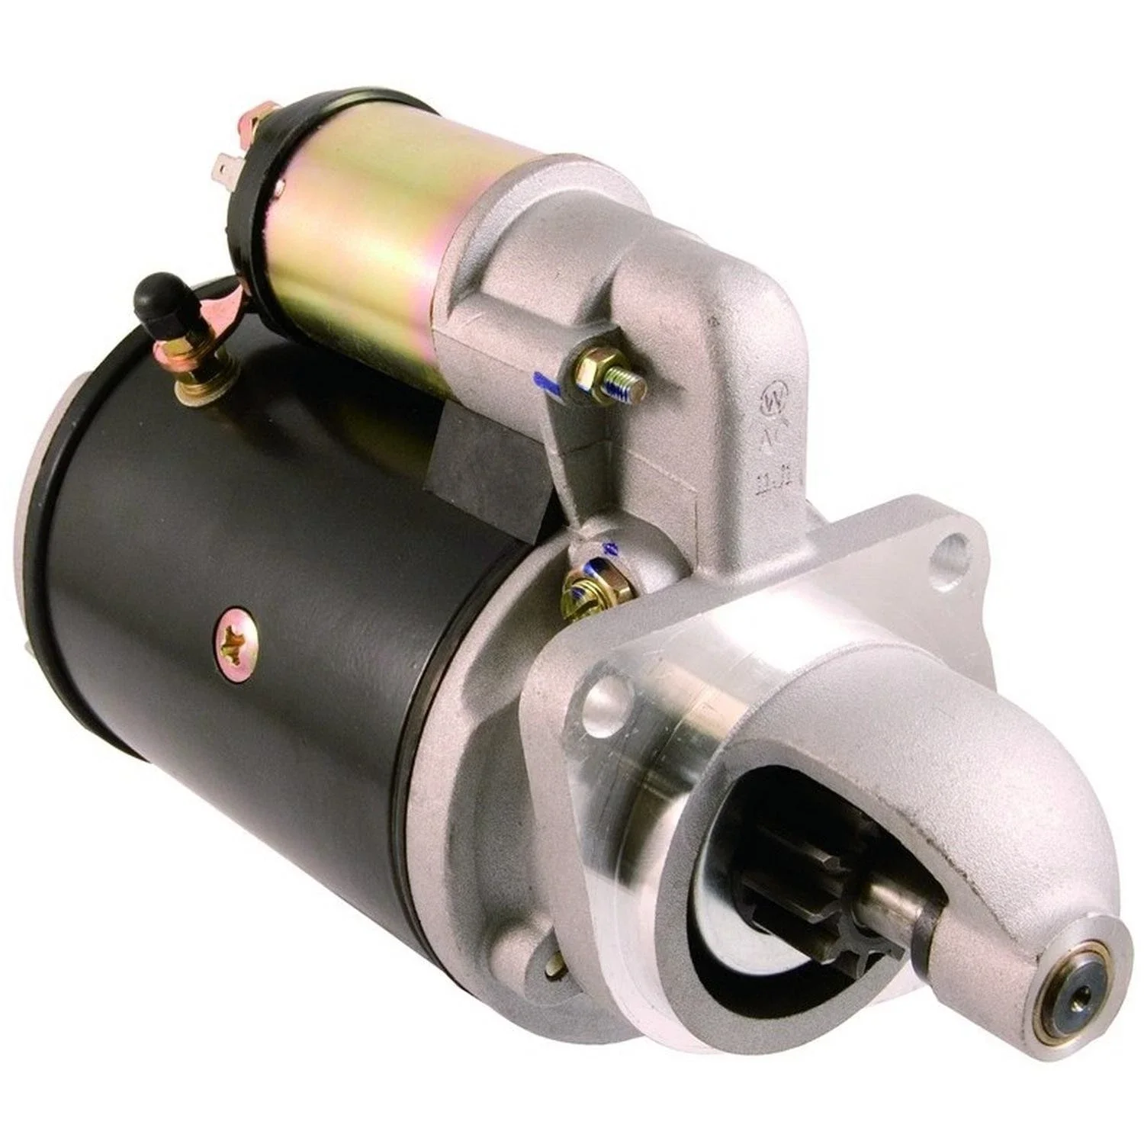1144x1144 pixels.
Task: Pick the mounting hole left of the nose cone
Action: pyautogui.click(x=603, y=693)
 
